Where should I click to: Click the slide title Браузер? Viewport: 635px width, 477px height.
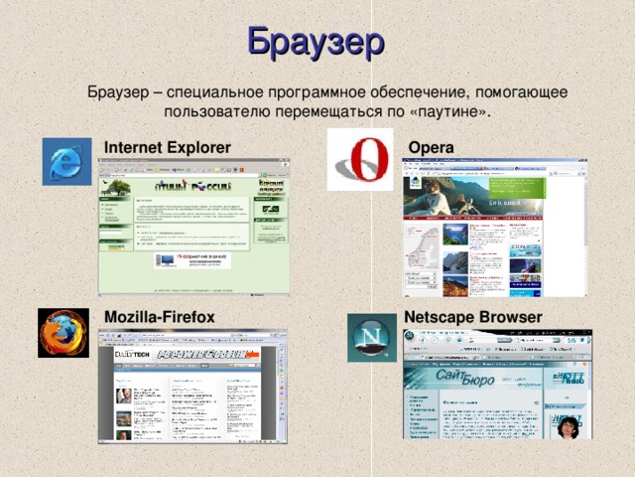(x=316, y=42)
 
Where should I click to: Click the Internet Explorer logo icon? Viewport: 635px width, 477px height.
(x=66, y=162)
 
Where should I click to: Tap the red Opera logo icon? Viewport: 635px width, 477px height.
(x=360, y=159)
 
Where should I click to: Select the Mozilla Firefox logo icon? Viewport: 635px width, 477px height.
(x=63, y=332)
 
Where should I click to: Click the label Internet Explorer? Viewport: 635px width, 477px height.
(x=168, y=148)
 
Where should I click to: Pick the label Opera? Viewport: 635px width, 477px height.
(x=431, y=147)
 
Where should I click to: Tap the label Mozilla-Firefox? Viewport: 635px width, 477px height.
(x=160, y=316)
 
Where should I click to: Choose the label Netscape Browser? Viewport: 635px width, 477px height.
(x=473, y=316)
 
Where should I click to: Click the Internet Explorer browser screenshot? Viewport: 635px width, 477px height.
(x=193, y=227)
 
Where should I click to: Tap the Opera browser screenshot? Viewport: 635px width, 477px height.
(x=493, y=228)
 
